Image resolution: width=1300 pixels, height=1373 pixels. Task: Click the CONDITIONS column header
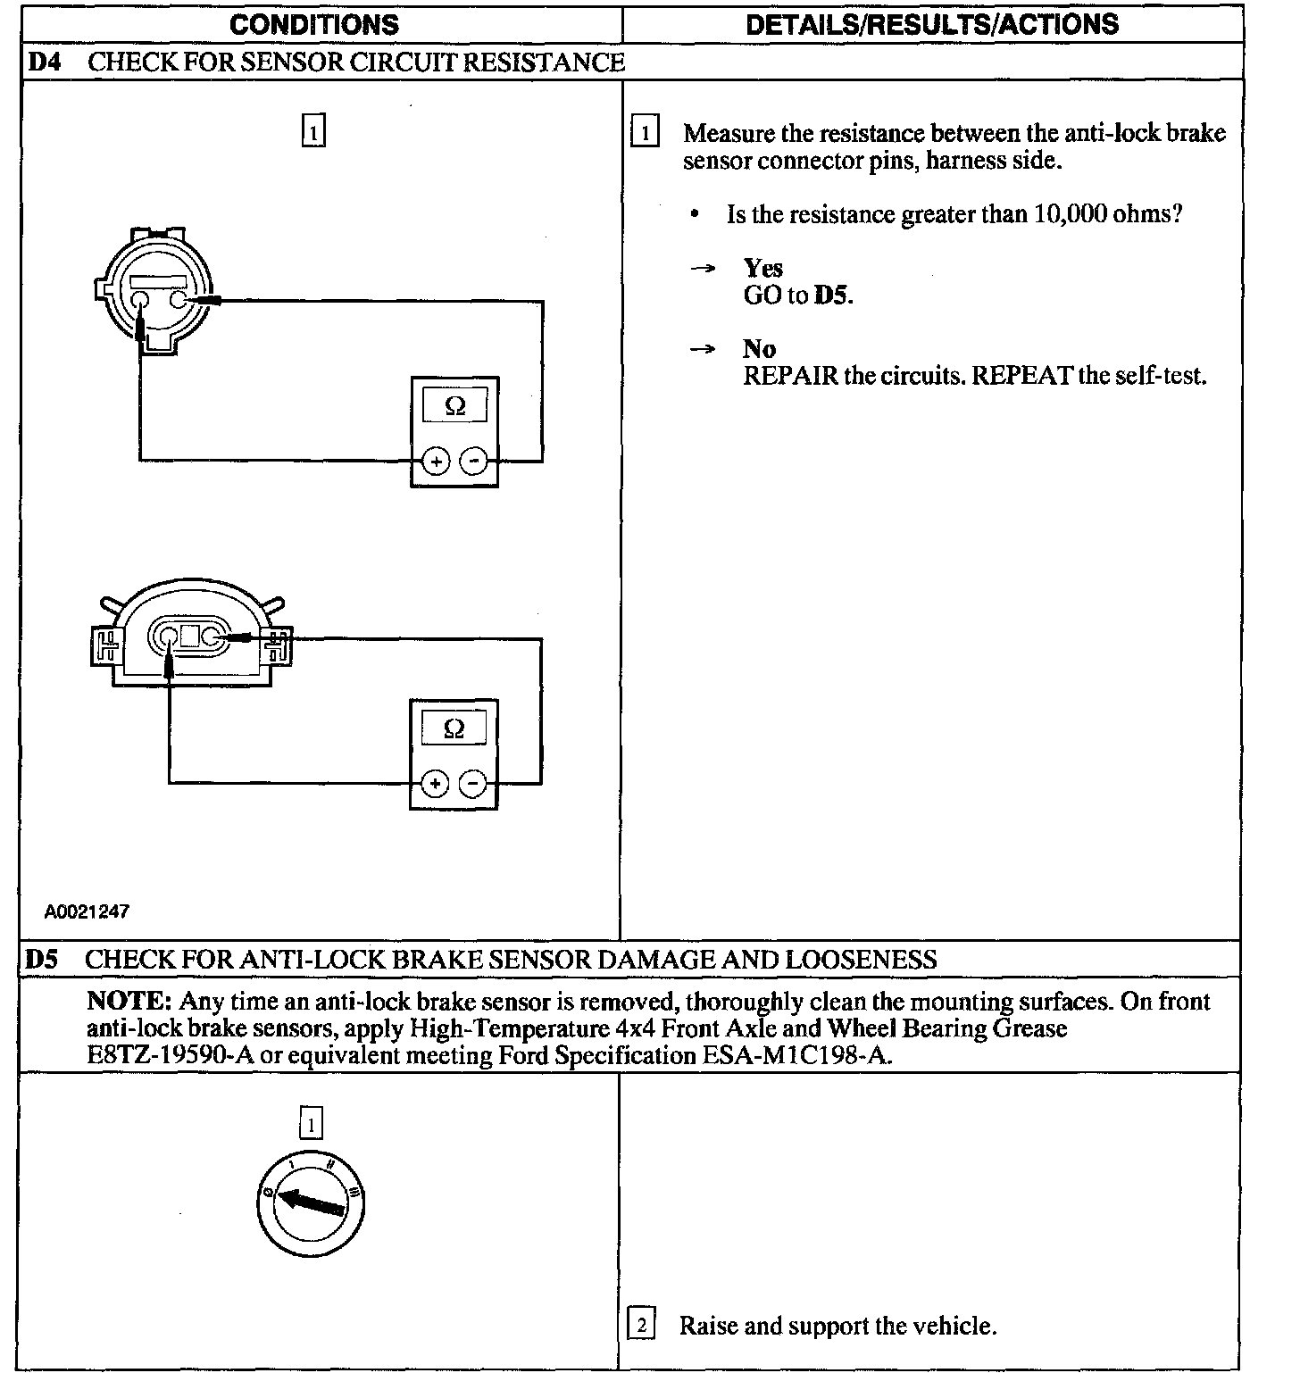pos(313,24)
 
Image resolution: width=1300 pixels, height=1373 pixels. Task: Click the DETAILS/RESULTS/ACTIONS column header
pos(931,24)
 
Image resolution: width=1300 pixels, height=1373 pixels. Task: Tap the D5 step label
pos(41,960)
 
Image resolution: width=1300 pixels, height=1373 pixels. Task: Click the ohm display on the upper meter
pos(454,406)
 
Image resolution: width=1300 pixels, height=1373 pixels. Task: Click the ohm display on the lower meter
pos(454,728)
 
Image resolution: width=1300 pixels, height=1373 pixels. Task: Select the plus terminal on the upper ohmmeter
pos(435,462)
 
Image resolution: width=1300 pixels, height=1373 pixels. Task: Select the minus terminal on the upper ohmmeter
pos(473,462)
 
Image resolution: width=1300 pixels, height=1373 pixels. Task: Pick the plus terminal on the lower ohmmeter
pos(435,784)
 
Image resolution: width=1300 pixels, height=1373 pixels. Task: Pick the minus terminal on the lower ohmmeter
pos(472,784)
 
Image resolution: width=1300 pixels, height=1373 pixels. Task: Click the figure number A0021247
pos(87,911)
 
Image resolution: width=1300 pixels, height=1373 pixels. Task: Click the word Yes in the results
pos(763,268)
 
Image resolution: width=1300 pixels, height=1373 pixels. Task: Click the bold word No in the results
pos(759,349)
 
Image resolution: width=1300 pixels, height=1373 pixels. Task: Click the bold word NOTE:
pos(129,1002)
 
